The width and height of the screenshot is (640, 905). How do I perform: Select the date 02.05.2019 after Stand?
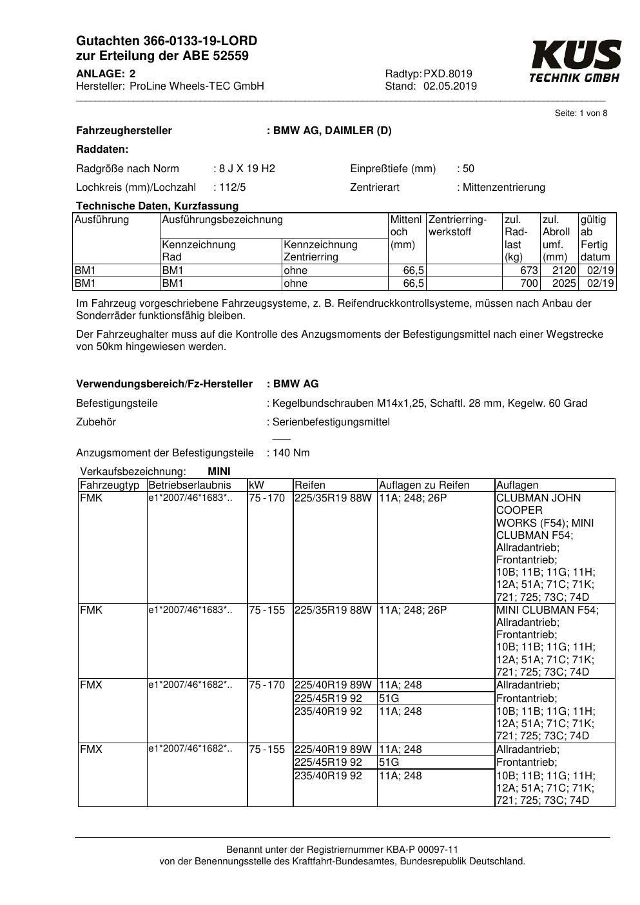click(450, 86)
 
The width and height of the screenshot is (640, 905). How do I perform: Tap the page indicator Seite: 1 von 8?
click(581, 113)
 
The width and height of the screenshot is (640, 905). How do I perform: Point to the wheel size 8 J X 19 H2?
click(247, 169)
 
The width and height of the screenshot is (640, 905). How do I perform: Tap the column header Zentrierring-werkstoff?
click(458, 226)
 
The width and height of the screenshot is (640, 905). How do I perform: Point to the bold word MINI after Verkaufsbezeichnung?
click(219, 472)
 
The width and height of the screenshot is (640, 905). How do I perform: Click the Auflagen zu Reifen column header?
click(424, 485)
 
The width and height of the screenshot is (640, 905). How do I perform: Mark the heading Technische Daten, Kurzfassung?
click(157, 206)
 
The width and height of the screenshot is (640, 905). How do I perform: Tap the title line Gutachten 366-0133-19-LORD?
click(166, 41)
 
